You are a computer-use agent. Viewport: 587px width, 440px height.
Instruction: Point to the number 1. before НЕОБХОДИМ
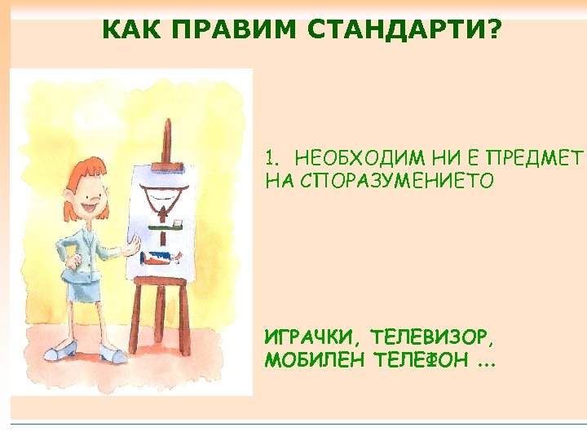click(x=274, y=156)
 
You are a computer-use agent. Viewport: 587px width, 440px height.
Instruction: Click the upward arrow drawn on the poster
click(x=166, y=213)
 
